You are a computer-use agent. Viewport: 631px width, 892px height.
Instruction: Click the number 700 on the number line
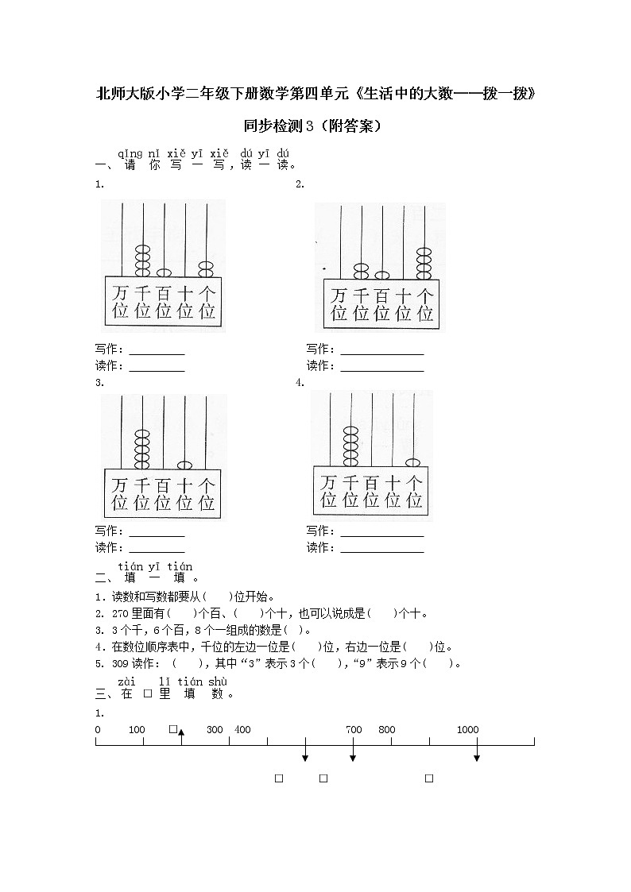click(x=354, y=729)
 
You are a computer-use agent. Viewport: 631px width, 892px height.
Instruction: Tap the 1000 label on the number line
click(x=468, y=729)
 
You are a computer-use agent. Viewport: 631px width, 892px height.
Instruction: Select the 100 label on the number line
click(x=137, y=729)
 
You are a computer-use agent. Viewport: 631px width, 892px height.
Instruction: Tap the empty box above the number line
click(x=172, y=728)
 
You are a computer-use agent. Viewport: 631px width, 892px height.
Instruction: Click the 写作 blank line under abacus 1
click(x=157, y=353)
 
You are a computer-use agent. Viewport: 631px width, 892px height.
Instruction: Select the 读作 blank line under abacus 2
click(x=381, y=370)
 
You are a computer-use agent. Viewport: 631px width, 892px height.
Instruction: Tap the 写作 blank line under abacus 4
click(x=381, y=535)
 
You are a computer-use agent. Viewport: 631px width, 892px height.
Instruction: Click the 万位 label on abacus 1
click(x=120, y=301)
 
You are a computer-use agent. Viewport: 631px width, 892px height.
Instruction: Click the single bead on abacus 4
click(x=413, y=462)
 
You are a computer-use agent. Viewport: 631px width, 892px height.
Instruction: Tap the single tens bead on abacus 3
click(x=185, y=465)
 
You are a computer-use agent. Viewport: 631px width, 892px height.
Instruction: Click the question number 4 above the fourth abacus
click(x=300, y=382)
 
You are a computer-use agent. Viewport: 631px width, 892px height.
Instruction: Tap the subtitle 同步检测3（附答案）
click(x=315, y=125)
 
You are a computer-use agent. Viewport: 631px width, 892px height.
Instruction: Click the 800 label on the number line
click(x=386, y=729)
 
